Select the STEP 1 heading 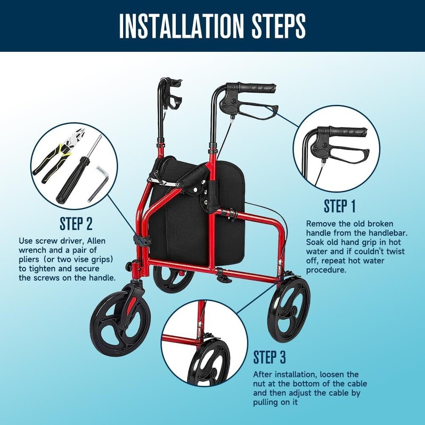(340, 206)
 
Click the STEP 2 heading (76, 224)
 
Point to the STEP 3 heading (270, 357)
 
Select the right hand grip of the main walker (257, 88)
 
